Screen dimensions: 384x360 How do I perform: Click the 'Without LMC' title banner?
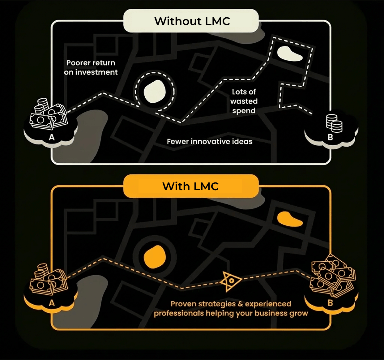(x=192, y=21)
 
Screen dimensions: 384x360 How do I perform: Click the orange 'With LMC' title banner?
(x=191, y=186)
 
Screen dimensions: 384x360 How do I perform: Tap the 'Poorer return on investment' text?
(x=91, y=67)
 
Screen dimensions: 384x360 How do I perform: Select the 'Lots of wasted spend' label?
(x=244, y=101)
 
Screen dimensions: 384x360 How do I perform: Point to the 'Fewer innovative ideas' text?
(x=210, y=142)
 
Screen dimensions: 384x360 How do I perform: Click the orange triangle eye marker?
(x=230, y=281)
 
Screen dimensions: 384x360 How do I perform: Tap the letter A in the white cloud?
(x=52, y=137)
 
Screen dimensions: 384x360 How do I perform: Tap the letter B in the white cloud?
(x=330, y=137)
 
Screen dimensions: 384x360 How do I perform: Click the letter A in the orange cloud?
(x=52, y=302)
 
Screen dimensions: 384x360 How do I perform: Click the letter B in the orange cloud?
(x=330, y=302)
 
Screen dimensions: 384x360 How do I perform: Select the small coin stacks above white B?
(x=334, y=123)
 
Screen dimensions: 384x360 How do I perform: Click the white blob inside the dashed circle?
(x=155, y=92)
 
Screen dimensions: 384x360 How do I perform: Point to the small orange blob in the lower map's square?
(x=289, y=219)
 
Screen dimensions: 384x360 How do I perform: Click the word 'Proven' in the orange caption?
(x=183, y=304)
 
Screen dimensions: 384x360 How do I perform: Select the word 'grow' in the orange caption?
(x=299, y=314)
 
